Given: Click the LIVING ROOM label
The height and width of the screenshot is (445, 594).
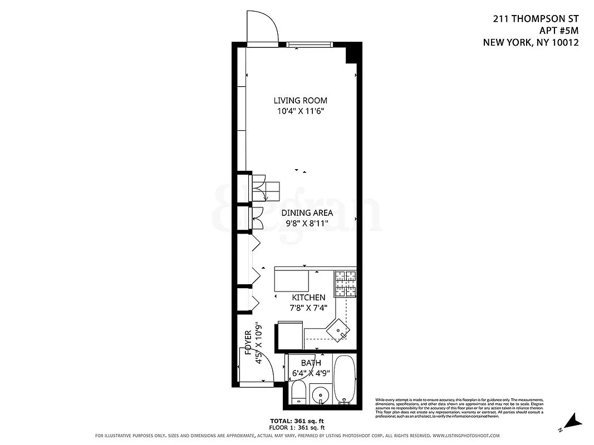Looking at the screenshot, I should tap(300, 101).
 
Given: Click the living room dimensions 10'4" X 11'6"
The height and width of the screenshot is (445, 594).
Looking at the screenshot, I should tap(300, 111).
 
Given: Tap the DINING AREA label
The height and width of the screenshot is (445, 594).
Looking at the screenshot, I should tap(307, 213).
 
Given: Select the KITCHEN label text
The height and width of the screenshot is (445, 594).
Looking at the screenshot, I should tap(308, 298).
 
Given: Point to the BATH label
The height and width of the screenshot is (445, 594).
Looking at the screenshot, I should tap(311, 363).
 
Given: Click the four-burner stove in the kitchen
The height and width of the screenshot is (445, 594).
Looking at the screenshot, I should tap(345, 283).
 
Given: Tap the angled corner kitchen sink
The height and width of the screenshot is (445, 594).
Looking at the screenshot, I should tap(338, 330).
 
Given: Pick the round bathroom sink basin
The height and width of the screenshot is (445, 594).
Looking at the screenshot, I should tap(321, 397).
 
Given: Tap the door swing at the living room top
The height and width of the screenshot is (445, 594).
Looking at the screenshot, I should tap(262, 27).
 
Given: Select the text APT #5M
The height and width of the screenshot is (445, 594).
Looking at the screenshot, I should tap(559, 30).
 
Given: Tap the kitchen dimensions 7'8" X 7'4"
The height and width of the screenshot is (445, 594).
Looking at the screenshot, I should tap(308, 308).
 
